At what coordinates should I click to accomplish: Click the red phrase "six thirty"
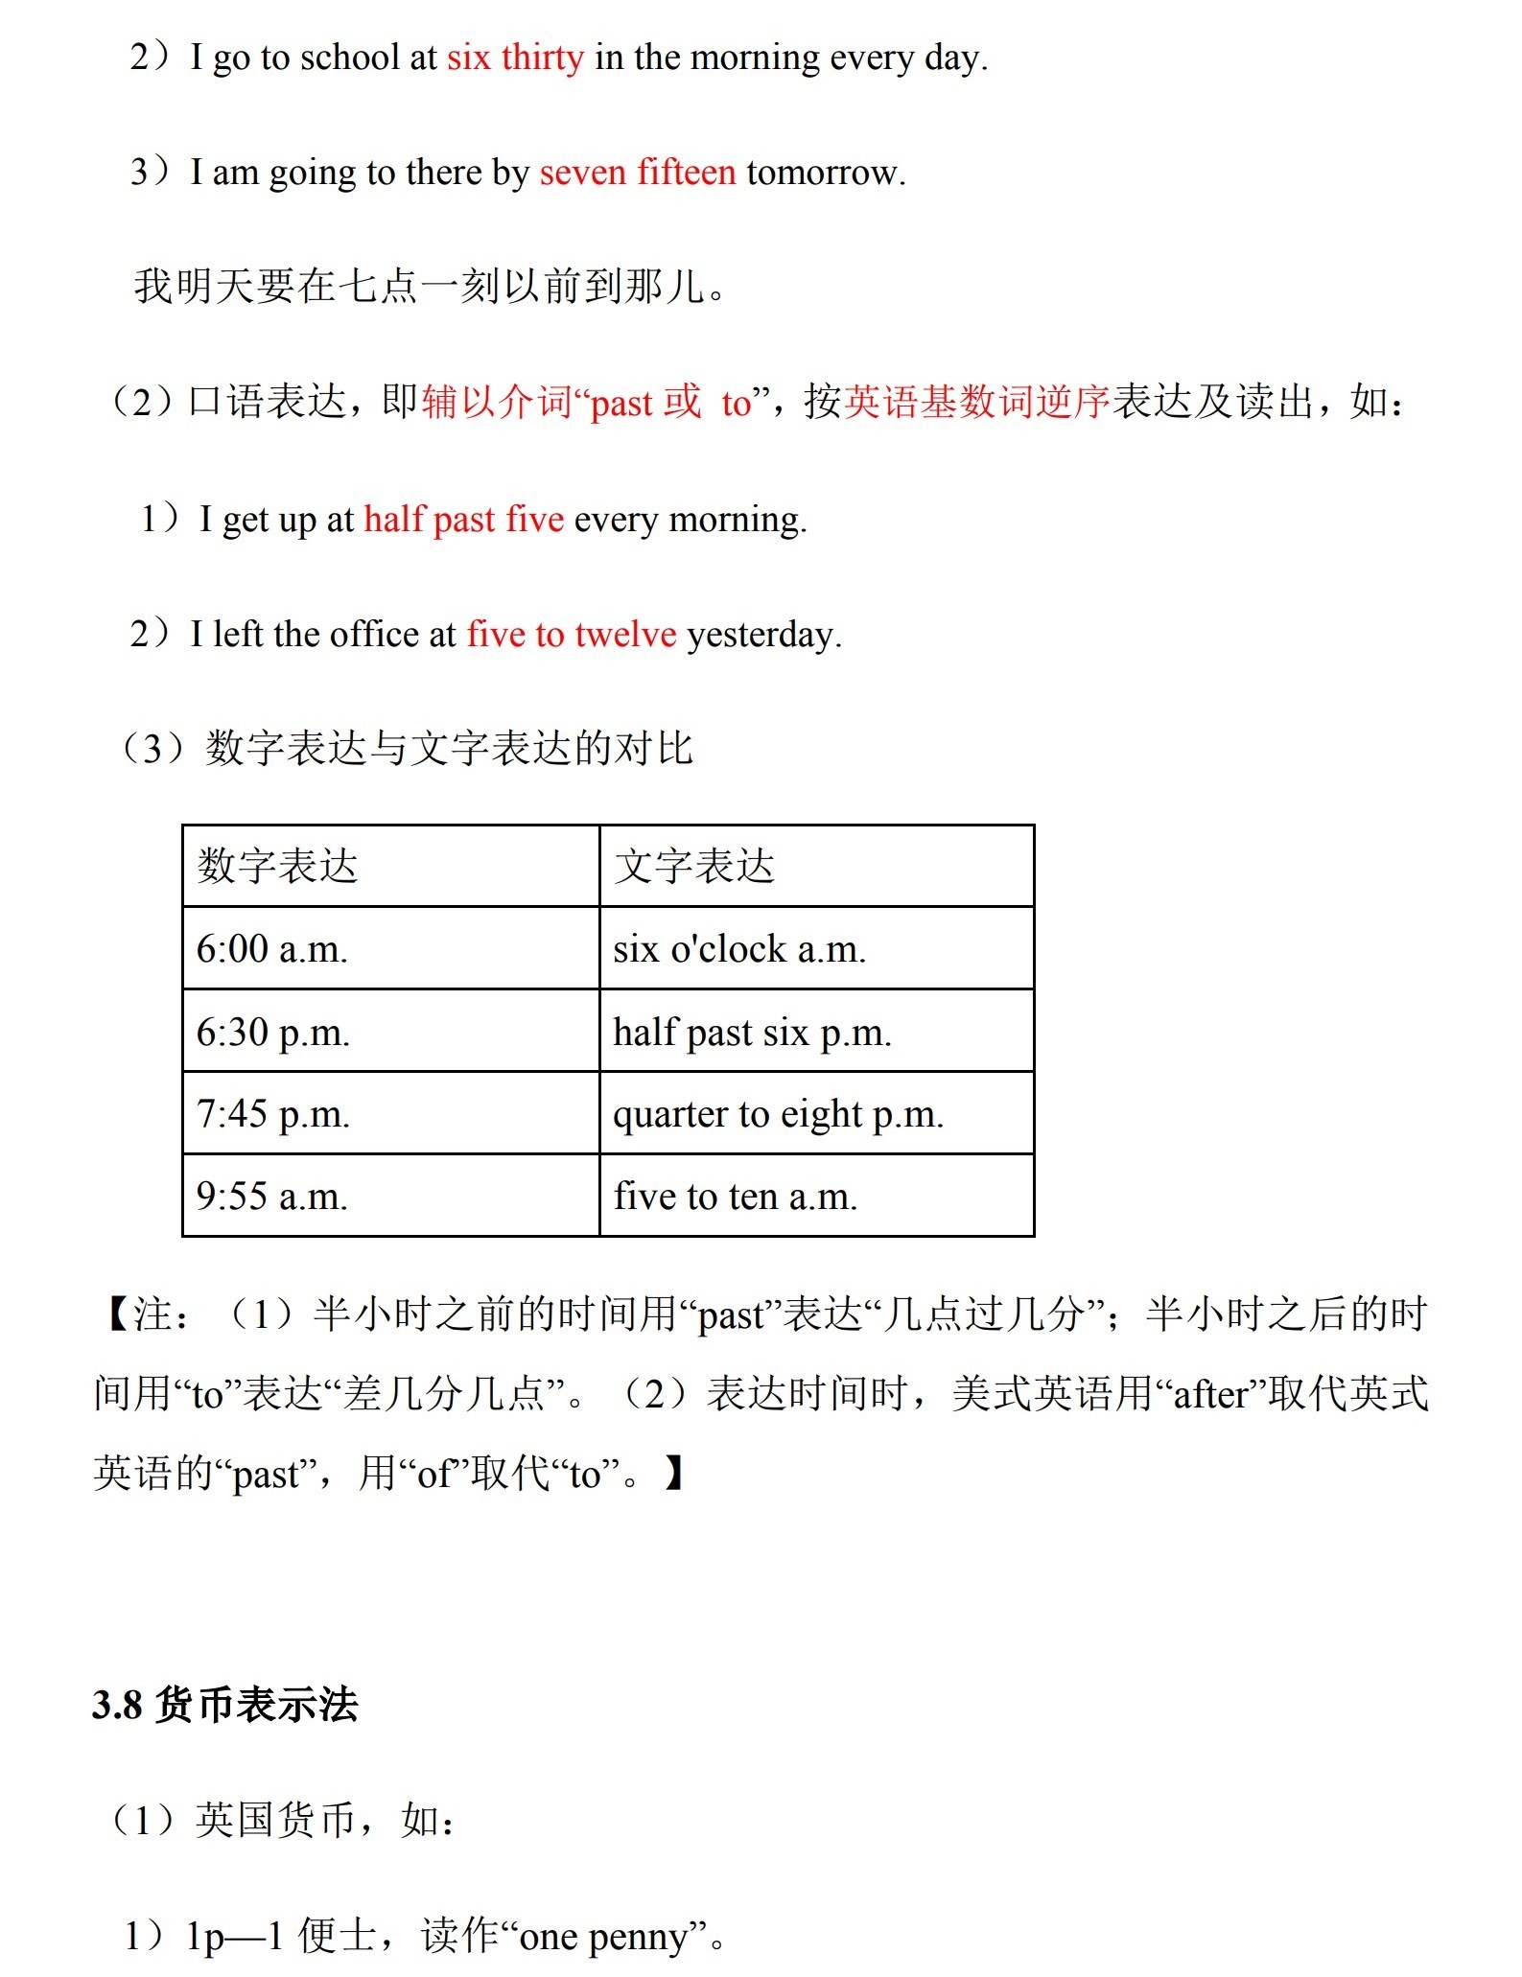click(515, 58)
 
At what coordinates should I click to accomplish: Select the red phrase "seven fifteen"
click(638, 173)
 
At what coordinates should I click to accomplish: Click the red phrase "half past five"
click(463, 520)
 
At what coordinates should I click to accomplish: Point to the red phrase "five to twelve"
click(572, 635)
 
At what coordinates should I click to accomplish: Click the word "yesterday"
click(763, 635)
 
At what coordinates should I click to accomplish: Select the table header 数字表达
click(277, 866)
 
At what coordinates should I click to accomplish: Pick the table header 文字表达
click(694, 866)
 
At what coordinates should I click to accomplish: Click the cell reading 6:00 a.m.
click(272, 949)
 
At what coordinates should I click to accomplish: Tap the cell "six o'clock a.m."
click(739, 949)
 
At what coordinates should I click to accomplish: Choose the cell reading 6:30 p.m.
click(273, 1033)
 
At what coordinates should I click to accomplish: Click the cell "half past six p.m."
click(753, 1033)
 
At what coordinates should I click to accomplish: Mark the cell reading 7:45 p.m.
click(273, 1114)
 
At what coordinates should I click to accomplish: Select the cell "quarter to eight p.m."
click(779, 1114)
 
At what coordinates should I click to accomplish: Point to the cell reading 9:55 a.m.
click(272, 1197)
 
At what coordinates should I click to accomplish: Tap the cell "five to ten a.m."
click(736, 1197)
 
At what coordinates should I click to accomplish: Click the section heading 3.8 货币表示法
click(225, 1706)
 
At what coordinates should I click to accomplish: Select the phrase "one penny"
click(604, 1938)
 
